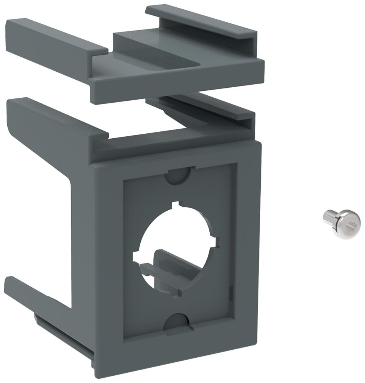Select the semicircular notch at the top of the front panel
178,174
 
